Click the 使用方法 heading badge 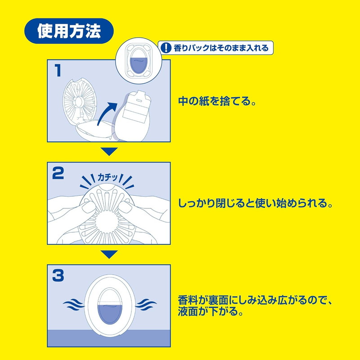(x=69, y=31)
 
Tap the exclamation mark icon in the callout (x=166, y=48)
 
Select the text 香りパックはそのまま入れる (x=221, y=48)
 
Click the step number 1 (x=58, y=70)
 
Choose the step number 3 (x=58, y=275)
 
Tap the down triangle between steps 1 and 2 (x=109, y=152)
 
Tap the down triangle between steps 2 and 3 (x=109, y=254)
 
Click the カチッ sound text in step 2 (x=108, y=177)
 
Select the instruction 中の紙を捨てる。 (x=217, y=101)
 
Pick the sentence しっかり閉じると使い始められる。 (x=255, y=203)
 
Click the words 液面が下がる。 (x=210, y=311)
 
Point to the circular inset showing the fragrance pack (x=139, y=61)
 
